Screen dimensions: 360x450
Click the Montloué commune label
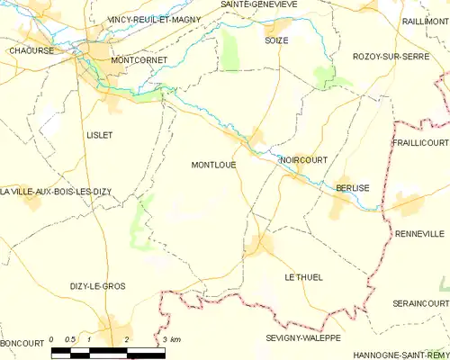(x=213, y=165)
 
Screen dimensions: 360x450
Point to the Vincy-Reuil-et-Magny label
(x=154, y=18)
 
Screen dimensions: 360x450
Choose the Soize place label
(x=276, y=40)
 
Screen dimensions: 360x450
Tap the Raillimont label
(x=425, y=20)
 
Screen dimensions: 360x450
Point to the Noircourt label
(x=302, y=159)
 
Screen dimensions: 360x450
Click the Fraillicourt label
(x=420, y=143)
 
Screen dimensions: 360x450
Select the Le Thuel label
(x=302, y=277)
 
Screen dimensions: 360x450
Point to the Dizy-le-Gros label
(x=97, y=285)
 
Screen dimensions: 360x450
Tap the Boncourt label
(x=22, y=343)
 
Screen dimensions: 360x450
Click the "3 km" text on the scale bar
(x=172, y=338)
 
